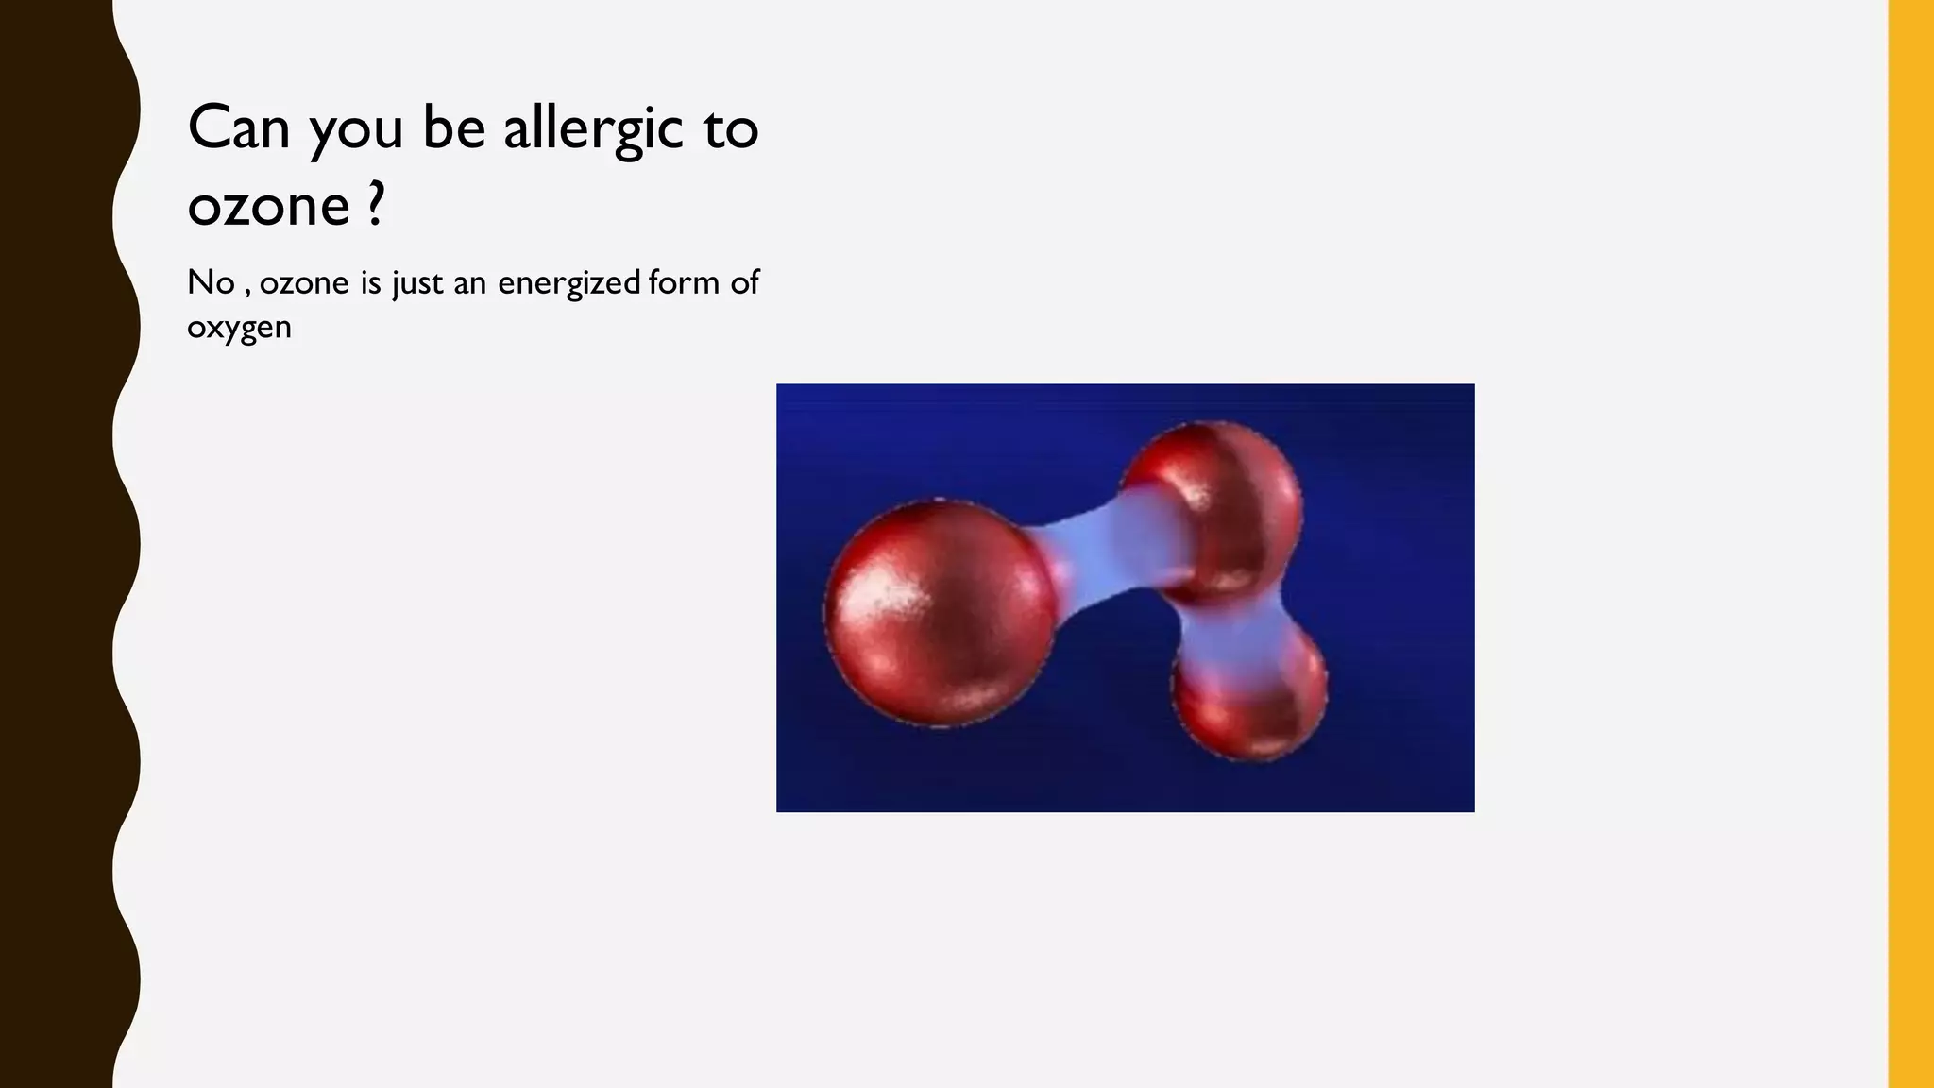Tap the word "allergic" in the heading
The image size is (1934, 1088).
point(593,129)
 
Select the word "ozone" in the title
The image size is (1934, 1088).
point(269,205)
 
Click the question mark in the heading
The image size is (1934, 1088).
point(376,203)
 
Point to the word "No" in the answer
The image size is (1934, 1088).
point(211,282)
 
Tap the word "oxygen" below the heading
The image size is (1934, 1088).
point(239,328)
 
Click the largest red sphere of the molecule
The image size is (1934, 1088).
point(940,614)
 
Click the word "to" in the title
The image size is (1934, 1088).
point(731,129)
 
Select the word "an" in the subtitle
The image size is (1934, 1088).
point(469,283)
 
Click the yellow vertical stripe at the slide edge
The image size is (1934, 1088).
point(1910,544)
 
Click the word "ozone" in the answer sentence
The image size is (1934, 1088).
point(304,283)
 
